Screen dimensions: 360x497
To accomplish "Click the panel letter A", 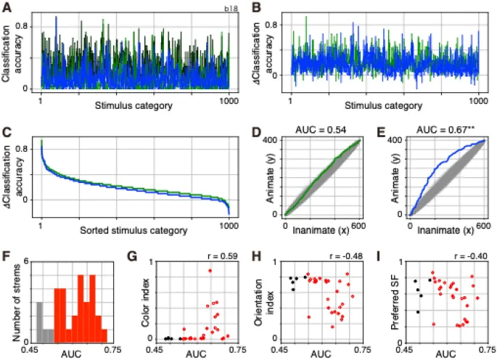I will [7, 7].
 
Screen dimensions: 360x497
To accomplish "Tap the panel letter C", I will [7, 133].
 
